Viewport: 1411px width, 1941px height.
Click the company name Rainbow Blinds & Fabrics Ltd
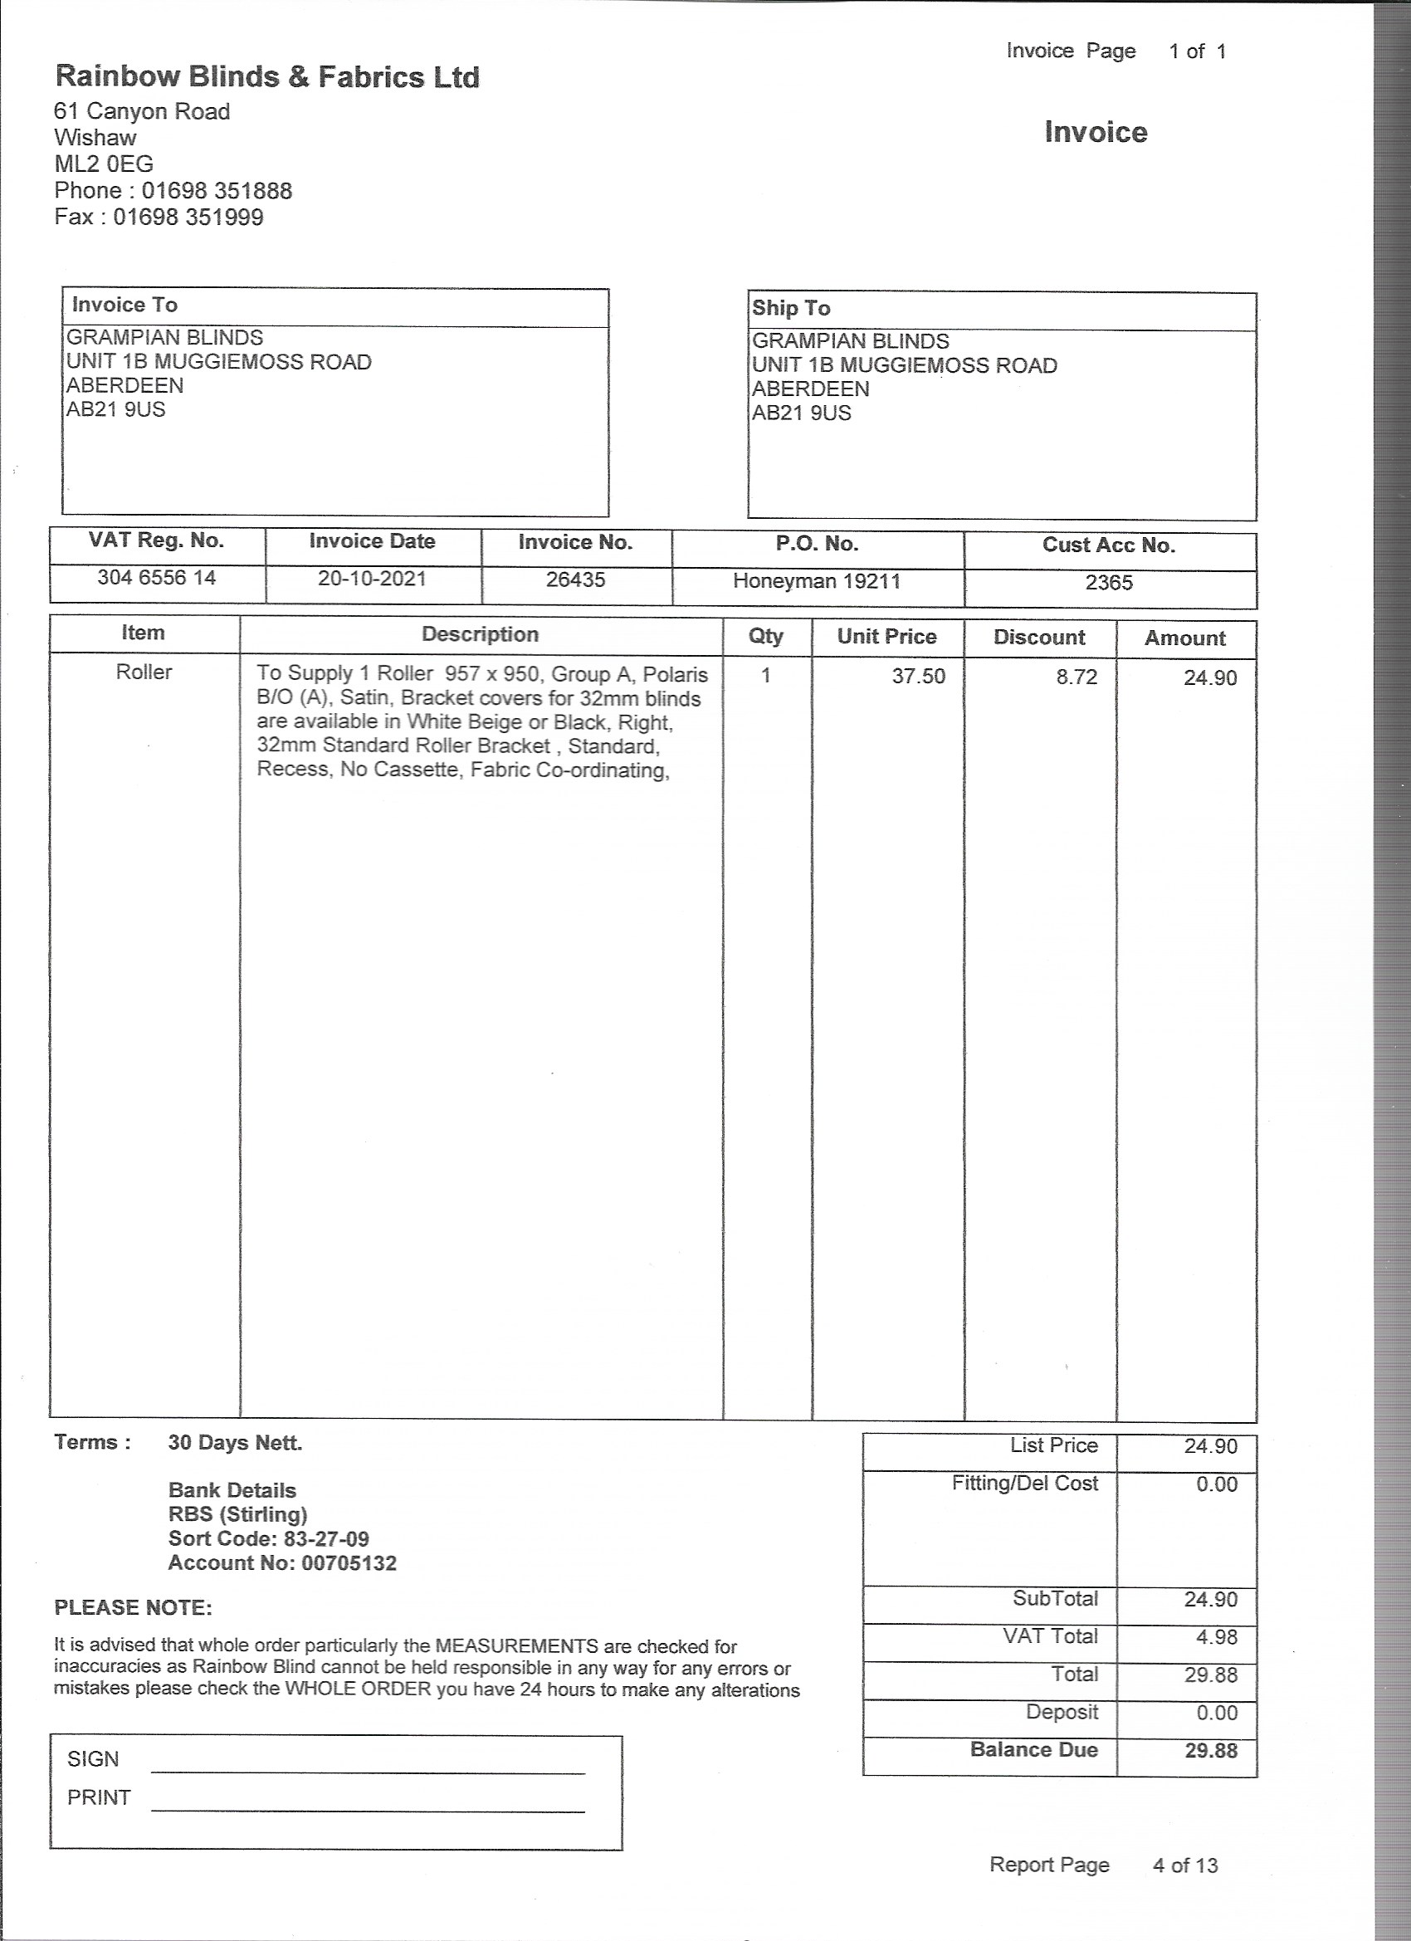tap(267, 77)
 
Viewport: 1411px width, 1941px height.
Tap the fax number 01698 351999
tap(188, 217)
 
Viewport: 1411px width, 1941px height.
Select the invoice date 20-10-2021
tap(371, 579)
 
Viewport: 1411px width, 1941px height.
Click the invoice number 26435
tap(576, 579)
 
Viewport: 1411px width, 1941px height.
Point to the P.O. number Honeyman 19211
tap(817, 581)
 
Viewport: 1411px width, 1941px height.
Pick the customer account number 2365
tap(1108, 583)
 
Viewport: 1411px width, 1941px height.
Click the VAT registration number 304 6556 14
tap(157, 578)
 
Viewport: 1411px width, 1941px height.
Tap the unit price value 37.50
tap(918, 676)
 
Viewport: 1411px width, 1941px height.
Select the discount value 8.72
tap(1076, 677)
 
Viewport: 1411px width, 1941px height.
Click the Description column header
tap(480, 634)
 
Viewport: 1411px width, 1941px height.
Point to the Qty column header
tap(766, 636)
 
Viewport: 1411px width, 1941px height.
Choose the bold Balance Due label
tap(1033, 1749)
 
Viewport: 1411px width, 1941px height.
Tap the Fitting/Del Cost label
tap(1024, 1483)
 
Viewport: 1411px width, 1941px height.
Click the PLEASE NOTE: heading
tap(133, 1607)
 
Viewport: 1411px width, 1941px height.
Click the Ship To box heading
tap(791, 308)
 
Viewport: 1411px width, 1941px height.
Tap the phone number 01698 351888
tap(217, 190)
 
